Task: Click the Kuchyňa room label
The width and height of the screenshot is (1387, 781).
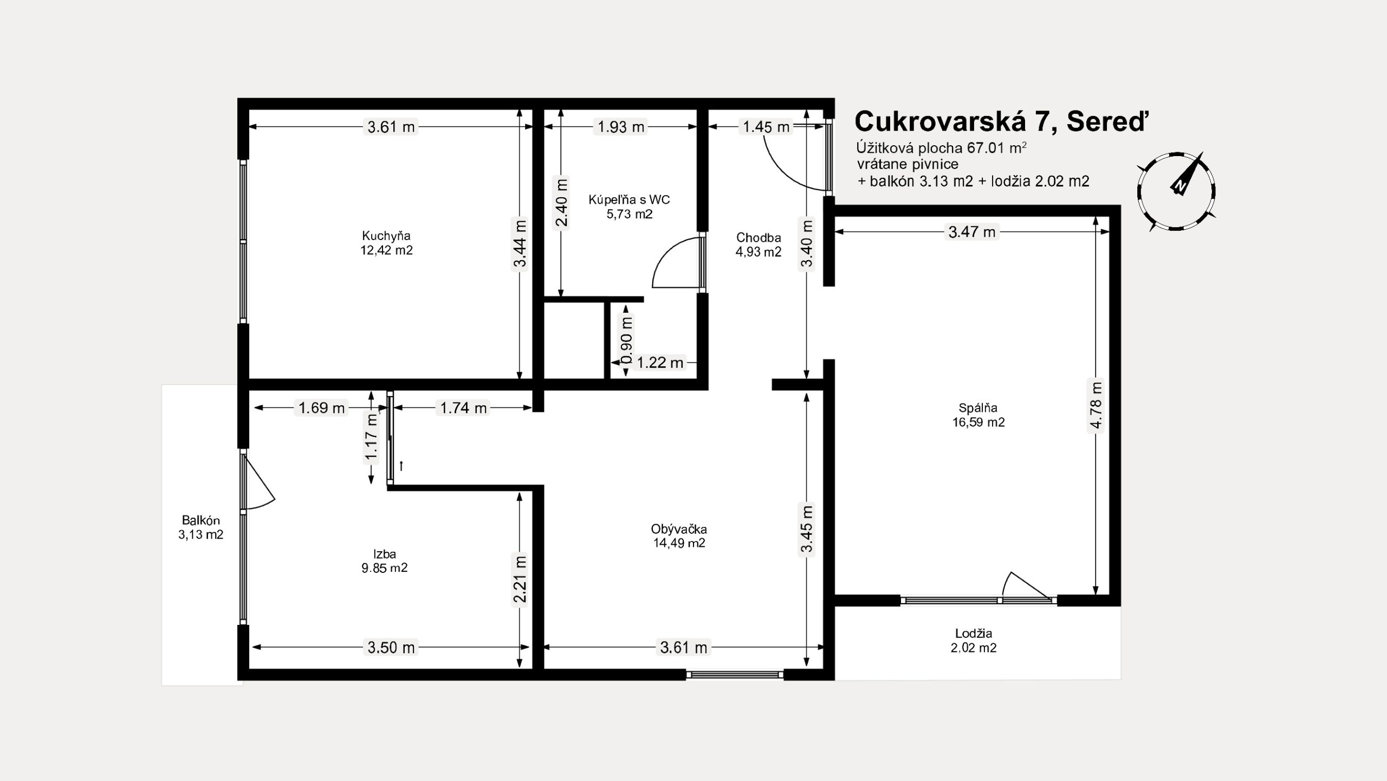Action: [x=386, y=236]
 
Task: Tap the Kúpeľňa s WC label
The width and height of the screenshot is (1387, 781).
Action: [x=629, y=199]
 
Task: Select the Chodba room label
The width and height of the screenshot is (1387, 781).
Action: [x=759, y=237]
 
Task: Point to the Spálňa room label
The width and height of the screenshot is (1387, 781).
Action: [x=978, y=408]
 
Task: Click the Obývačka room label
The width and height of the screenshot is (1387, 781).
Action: [x=679, y=529]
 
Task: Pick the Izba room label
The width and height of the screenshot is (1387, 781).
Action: [x=385, y=554]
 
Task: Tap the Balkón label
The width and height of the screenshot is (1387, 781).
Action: [x=201, y=520]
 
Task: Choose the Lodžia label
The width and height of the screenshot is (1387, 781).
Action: [x=974, y=633]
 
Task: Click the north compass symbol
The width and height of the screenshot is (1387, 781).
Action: [x=1176, y=191]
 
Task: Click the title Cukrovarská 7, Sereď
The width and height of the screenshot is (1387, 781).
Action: [x=1001, y=122]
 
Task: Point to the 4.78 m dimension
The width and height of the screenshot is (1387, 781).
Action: [x=1096, y=405]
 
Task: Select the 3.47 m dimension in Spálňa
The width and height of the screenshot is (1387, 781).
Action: [x=972, y=232]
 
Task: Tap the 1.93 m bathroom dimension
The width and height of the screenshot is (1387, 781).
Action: [x=621, y=127]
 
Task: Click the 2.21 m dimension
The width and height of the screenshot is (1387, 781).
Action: [x=520, y=579]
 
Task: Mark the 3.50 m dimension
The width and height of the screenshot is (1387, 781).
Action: [x=391, y=647]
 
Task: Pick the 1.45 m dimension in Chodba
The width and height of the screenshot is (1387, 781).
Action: [x=766, y=127]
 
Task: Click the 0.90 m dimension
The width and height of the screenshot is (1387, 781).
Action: [x=626, y=340]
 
